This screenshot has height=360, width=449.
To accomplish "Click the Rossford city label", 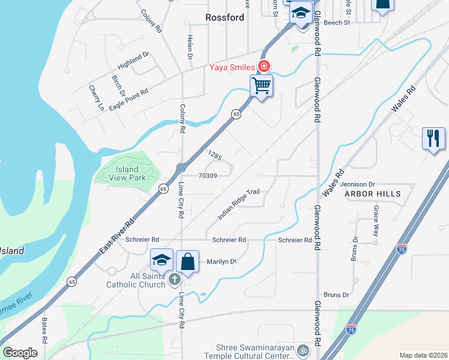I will point(225,17).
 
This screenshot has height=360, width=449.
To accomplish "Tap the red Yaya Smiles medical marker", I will point(263,66).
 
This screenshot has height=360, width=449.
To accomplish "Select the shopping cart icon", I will point(262,85).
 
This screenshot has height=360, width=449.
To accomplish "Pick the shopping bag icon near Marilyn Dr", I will point(187,262).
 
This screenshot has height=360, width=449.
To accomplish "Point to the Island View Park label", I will point(128,173).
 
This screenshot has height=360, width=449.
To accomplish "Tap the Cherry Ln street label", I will point(97,98).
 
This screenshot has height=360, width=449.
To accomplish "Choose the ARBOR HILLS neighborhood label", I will point(367,194).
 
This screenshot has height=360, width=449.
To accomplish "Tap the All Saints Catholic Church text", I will point(136,280).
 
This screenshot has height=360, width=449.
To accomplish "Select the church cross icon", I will point(174,278).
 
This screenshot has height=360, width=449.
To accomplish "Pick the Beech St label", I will point(336,23).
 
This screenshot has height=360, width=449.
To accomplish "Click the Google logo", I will point(20,353).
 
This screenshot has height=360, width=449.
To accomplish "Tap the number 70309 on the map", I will point(207,176).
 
